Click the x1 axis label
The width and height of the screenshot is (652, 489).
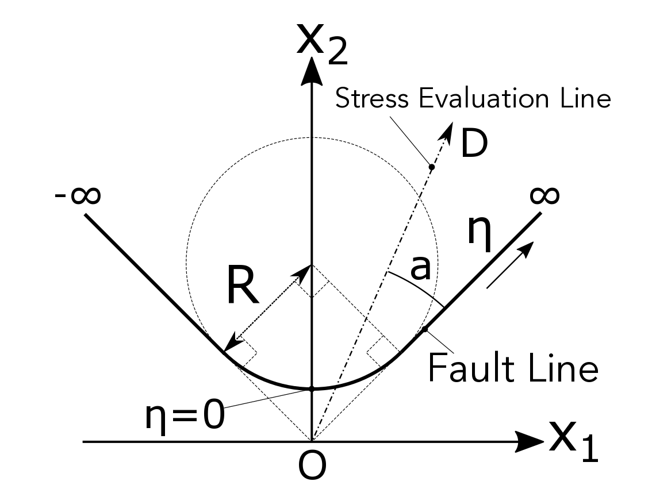tap(573, 441)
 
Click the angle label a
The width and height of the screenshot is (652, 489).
tap(421, 268)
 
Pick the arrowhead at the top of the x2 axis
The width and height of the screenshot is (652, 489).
tap(311, 69)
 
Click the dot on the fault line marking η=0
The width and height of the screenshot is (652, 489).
tap(311, 389)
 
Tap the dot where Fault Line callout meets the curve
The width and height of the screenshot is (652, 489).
tap(425, 329)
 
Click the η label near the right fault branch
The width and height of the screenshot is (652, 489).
tap(478, 236)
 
